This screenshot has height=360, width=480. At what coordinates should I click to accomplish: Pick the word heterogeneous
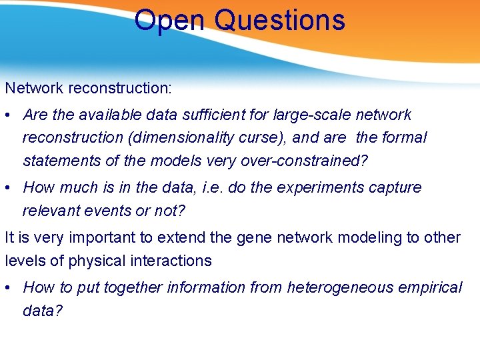click(x=345, y=287)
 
